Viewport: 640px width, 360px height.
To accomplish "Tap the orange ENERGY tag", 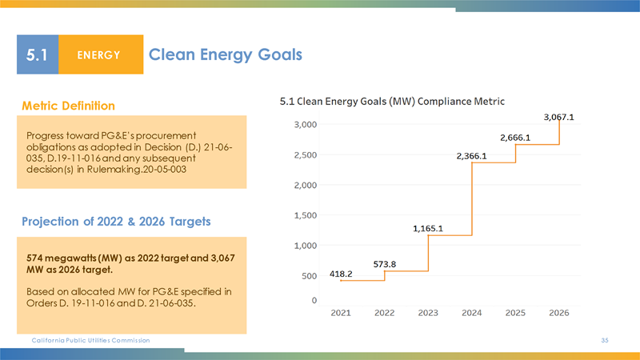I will point(100,55).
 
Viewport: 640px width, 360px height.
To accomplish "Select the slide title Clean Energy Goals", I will point(226,54).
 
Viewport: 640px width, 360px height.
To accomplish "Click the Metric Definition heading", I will point(69,106).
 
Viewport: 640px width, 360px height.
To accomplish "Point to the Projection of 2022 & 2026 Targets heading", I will point(117,222).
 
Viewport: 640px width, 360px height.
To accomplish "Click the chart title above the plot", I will point(397,102).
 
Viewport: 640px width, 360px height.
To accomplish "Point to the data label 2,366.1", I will point(472,156).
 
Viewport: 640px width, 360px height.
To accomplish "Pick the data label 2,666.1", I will point(515,138).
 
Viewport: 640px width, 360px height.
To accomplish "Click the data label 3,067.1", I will point(559,117).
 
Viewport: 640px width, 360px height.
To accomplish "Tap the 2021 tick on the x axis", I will point(340,312).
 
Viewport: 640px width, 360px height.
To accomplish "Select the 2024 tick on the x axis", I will point(471,312).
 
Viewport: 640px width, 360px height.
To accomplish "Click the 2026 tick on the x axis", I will point(558,312).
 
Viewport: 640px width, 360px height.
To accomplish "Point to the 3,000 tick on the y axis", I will point(303,125).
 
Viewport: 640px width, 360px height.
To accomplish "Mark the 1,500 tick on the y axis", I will point(303,215).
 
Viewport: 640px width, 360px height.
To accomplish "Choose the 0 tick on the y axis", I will point(314,300).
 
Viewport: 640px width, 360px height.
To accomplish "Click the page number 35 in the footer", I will point(606,341).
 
